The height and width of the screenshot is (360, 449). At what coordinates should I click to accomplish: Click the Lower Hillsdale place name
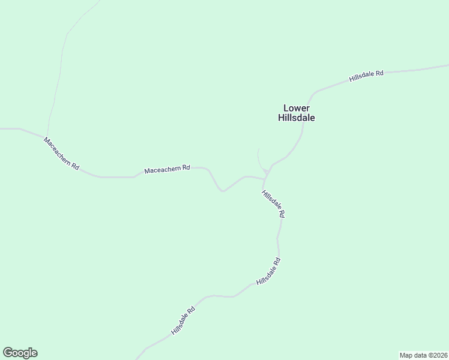pyautogui.click(x=297, y=113)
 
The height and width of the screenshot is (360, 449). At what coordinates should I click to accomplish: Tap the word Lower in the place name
pyautogui.click(x=297, y=108)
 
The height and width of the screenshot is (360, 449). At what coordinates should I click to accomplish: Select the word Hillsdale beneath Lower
pyautogui.click(x=297, y=118)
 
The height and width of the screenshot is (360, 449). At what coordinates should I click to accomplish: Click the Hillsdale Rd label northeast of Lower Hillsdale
pyautogui.click(x=367, y=76)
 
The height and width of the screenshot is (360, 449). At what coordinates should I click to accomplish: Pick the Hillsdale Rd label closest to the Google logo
pyautogui.click(x=183, y=321)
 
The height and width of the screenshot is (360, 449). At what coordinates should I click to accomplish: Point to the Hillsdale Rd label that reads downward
pyautogui.click(x=273, y=203)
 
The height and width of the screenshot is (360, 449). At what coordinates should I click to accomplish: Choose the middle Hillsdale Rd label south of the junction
pyautogui.click(x=268, y=271)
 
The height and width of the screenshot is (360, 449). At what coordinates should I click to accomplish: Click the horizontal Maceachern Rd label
pyautogui.click(x=167, y=170)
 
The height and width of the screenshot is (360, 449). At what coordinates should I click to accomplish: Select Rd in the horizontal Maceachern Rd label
pyautogui.click(x=186, y=168)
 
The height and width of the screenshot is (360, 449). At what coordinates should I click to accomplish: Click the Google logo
pyautogui.click(x=20, y=353)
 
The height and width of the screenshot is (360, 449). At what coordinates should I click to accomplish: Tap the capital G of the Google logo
pyautogui.click(x=8, y=353)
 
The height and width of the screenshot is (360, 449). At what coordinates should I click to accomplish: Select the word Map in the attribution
pyautogui.click(x=406, y=355)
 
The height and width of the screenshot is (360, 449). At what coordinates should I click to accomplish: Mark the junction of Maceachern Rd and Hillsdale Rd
pyautogui.click(x=265, y=178)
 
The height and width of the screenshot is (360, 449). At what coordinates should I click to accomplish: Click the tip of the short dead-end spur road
pyautogui.click(x=258, y=148)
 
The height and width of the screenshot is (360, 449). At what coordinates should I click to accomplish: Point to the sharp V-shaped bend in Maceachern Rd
pyautogui.click(x=222, y=191)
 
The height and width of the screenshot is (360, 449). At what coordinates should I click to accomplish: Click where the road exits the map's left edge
pyautogui.click(x=1, y=128)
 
